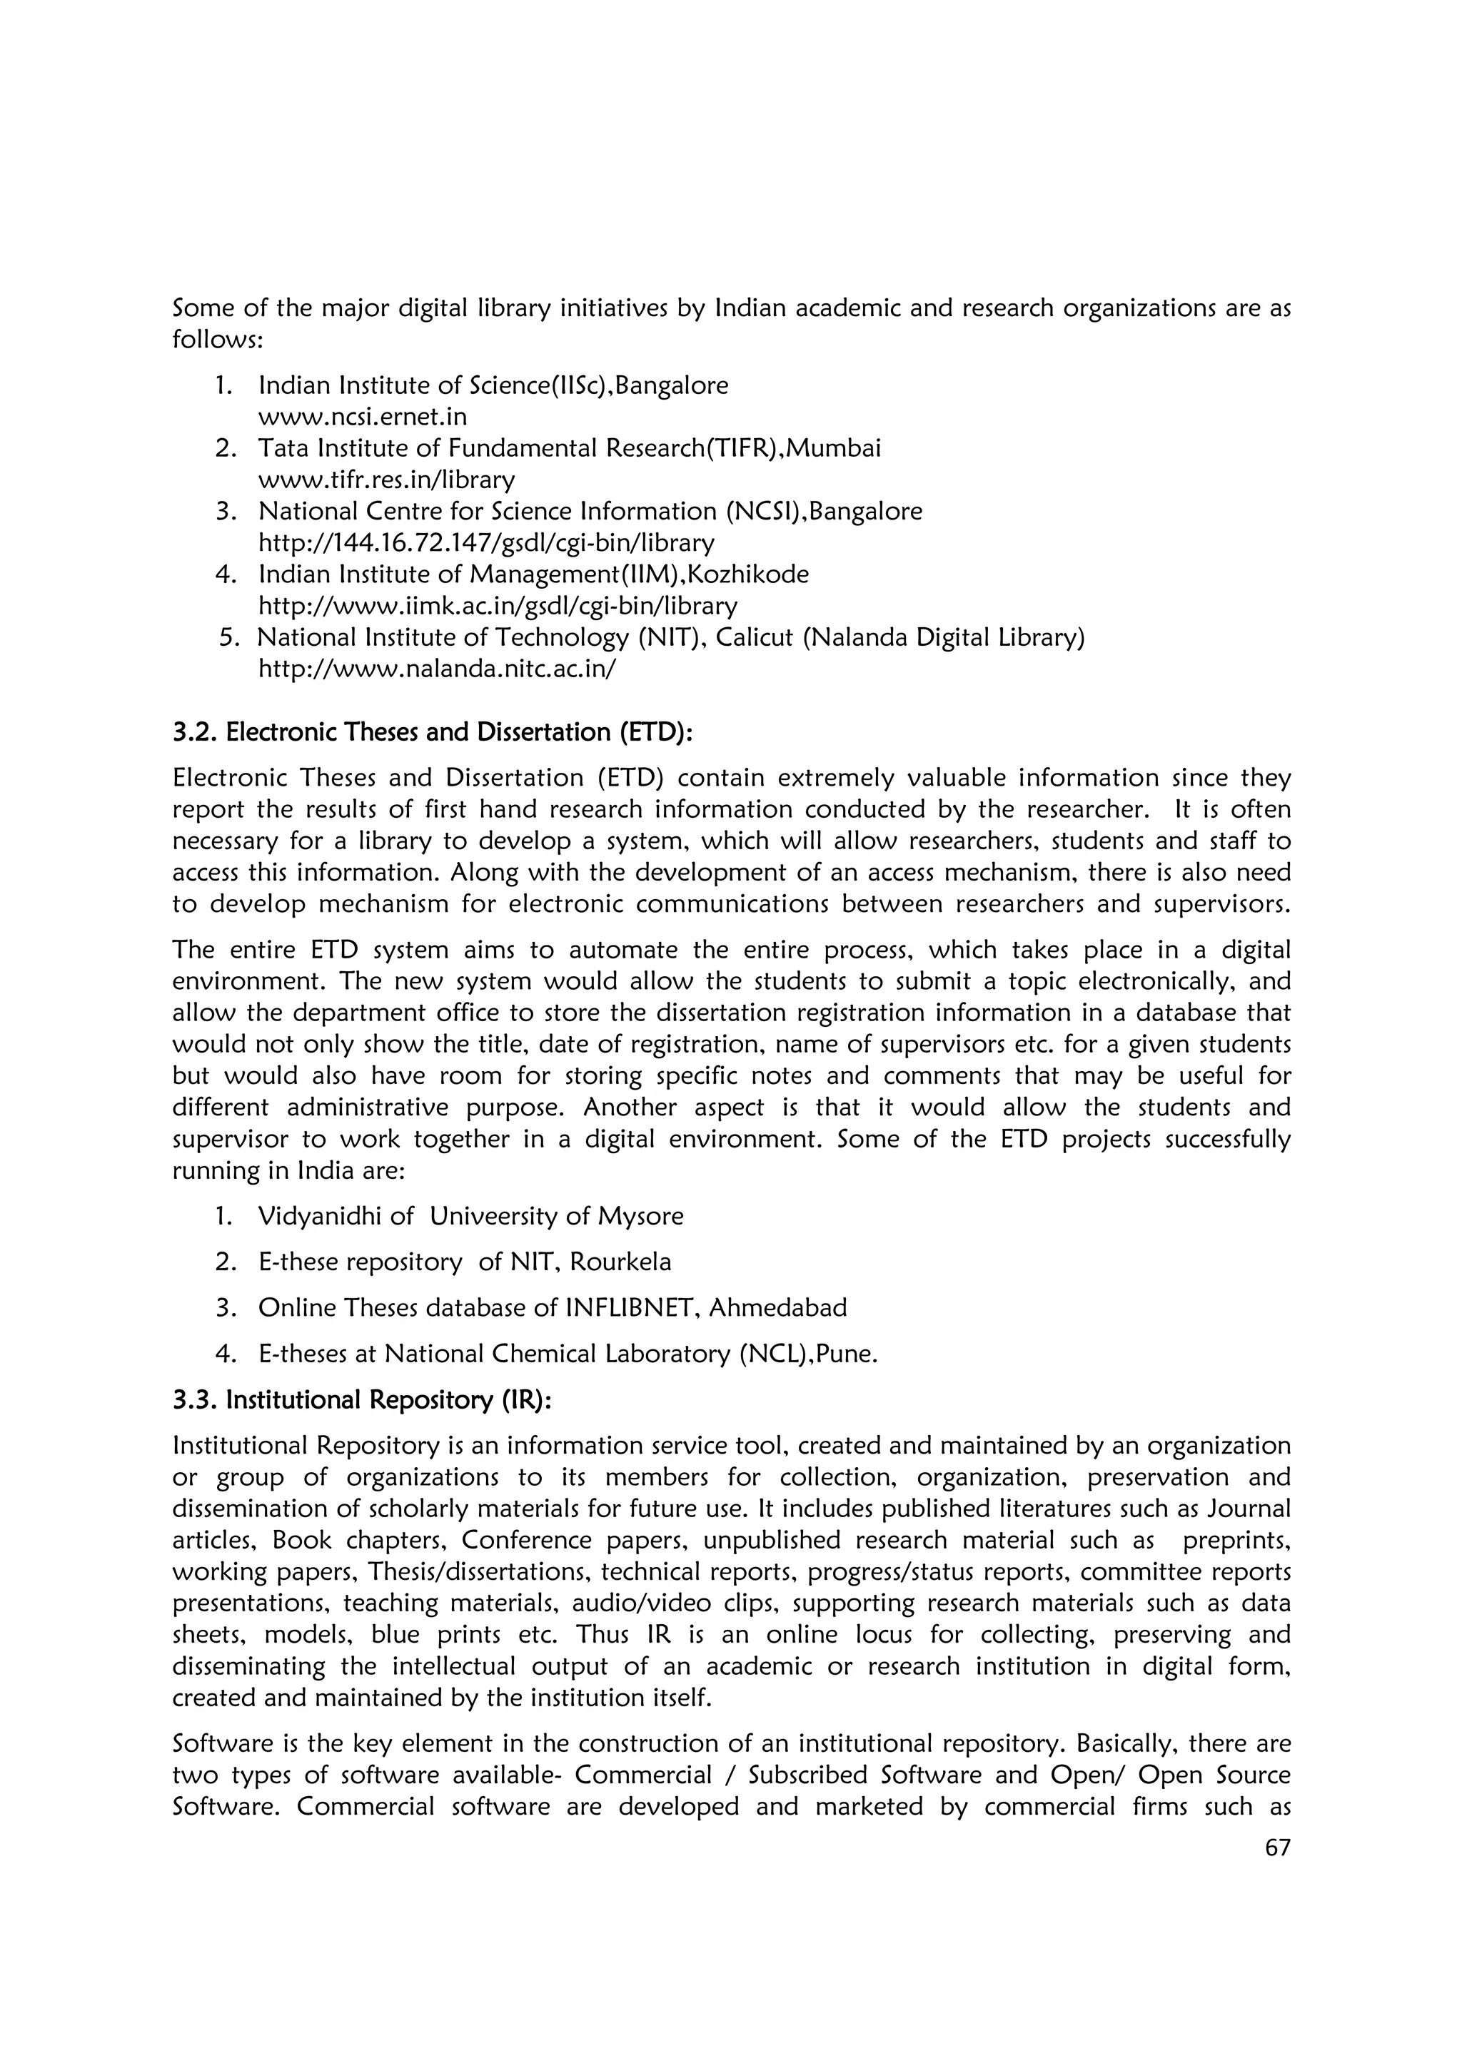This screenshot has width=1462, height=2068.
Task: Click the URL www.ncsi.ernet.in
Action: pyautogui.click(x=362, y=417)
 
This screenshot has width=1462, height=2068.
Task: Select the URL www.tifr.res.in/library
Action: pyautogui.click(x=386, y=480)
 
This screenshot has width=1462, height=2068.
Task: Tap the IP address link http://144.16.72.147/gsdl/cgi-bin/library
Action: pyautogui.click(x=485, y=543)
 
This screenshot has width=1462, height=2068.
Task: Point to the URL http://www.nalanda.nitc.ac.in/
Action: pyautogui.click(x=437, y=669)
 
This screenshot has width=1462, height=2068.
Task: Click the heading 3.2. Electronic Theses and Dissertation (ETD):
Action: pyautogui.click(x=433, y=732)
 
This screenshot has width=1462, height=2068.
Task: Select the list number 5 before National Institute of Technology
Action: pyautogui.click(x=229, y=638)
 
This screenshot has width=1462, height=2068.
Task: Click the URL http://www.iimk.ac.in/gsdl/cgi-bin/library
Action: pyautogui.click(x=498, y=606)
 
